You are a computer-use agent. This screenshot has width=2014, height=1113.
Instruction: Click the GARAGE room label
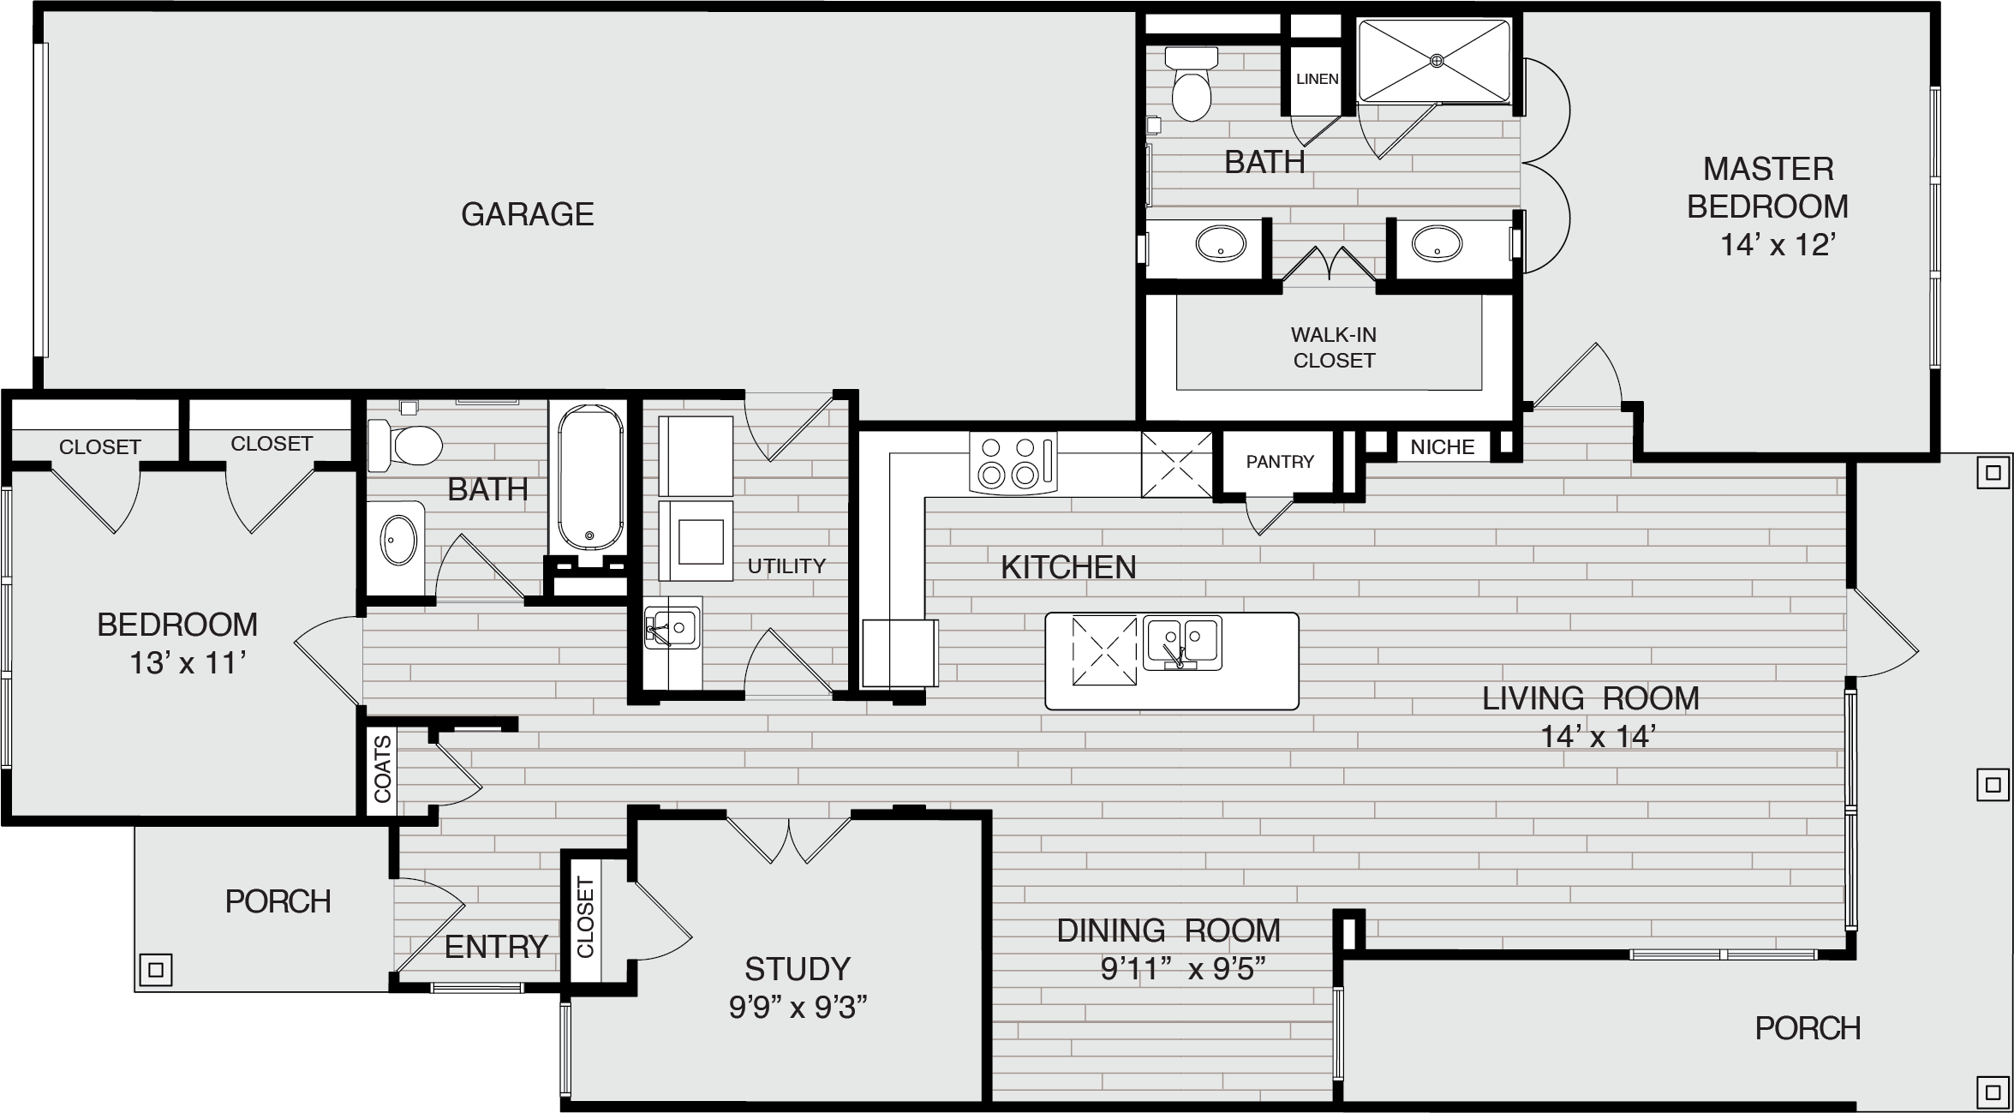click(x=528, y=214)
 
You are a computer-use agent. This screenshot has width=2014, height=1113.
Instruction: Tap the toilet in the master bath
click(x=1191, y=83)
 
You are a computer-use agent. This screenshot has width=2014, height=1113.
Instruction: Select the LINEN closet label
click(x=1318, y=79)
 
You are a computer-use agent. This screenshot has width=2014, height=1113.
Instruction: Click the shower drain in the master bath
click(x=1437, y=60)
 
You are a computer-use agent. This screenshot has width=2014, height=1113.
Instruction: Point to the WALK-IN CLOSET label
click(x=1334, y=347)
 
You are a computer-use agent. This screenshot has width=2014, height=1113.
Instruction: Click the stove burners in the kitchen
click(x=1013, y=462)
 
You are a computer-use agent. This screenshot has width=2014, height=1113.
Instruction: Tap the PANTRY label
click(x=1280, y=462)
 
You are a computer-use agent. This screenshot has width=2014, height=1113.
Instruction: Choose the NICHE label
click(x=1443, y=446)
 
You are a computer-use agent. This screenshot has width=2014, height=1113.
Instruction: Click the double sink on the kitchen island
click(x=1182, y=643)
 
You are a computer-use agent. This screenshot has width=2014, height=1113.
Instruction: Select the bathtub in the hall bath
click(x=590, y=476)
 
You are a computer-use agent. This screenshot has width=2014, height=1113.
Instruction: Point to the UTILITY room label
click(x=786, y=565)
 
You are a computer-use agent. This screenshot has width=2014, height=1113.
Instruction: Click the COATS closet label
click(x=382, y=769)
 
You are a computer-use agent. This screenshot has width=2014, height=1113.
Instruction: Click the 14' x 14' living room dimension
click(x=1595, y=737)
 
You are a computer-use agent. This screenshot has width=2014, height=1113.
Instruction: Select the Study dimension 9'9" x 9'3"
click(x=798, y=1008)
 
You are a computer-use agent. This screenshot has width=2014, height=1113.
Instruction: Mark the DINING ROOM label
click(x=1168, y=930)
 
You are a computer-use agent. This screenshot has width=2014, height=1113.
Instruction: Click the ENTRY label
click(x=496, y=947)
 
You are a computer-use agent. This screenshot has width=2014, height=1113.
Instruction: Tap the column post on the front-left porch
click(x=156, y=970)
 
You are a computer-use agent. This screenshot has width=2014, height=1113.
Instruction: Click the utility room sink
click(x=672, y=625)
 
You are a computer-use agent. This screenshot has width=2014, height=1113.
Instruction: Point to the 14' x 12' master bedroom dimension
click(x=1776, y=246)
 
